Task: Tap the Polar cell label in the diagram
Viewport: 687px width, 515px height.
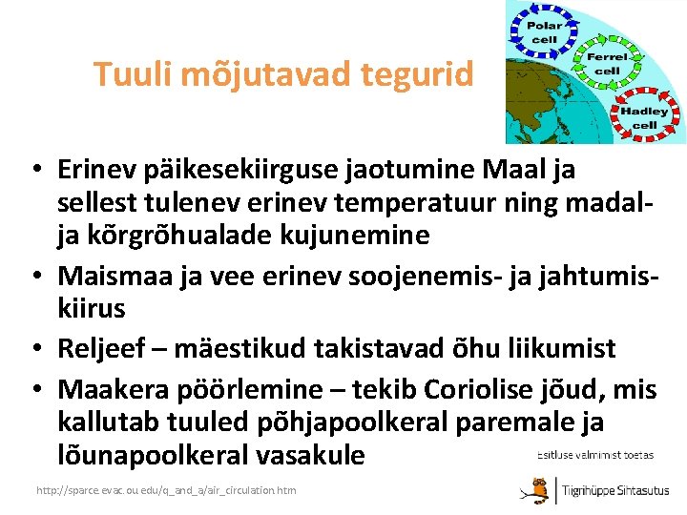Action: tap(545, 32)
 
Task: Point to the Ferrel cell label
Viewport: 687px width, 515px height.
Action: tap(607, 63)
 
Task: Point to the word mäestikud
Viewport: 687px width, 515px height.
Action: tap(243, 349)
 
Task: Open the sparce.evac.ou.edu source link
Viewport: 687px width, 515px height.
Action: tap(165, 490)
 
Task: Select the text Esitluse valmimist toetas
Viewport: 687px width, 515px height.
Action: tap(595, 455)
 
